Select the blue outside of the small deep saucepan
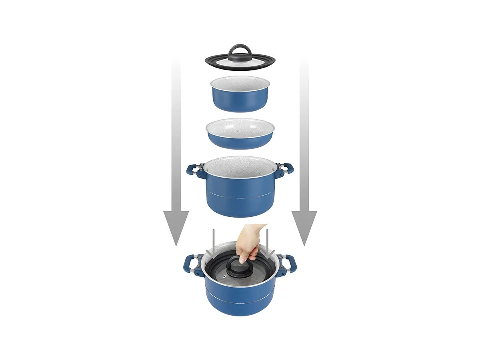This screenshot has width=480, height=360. tap(240, 102)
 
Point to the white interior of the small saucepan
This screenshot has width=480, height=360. tap(240, 83)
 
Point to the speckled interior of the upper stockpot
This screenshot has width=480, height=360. tap(240, 166)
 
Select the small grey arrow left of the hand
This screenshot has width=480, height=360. tap(214, 242)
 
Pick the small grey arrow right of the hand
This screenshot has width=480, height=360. tap(267, 242)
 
